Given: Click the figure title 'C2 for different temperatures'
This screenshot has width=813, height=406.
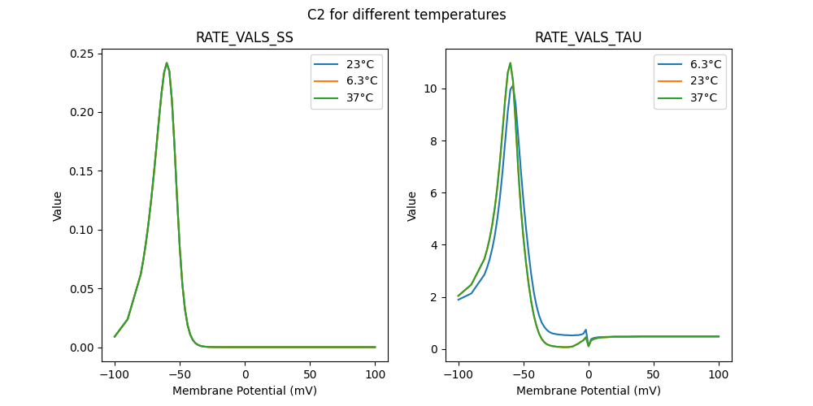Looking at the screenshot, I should click(x=406, y=15).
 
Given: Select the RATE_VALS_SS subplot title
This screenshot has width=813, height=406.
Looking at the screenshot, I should click(x=245, y=37).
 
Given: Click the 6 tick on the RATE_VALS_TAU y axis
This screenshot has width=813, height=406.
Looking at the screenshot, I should click(x=434, y=193).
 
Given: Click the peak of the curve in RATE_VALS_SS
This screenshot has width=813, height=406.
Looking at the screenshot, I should click(x=167, y=63).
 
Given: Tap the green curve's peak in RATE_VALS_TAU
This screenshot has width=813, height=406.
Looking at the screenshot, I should click(x=511, y=63).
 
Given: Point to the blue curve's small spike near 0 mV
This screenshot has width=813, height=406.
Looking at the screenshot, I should click(x=585, y=330).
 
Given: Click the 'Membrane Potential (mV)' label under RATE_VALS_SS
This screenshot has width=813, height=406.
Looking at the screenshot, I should click(x=245, y=391).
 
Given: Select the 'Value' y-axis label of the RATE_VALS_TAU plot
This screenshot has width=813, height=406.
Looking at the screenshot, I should click(x=412, y=206).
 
